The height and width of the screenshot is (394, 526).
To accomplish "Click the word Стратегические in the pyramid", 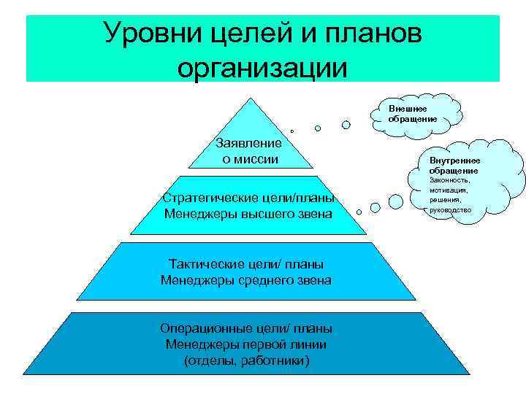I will [206, 198].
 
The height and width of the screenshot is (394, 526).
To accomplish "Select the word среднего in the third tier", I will [265, 279].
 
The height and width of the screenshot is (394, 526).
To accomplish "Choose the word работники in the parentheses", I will [278, 360].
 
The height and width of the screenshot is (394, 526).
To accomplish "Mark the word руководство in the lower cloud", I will [451, 210].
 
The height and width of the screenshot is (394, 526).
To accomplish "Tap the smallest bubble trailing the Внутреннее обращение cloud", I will [359, 212].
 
